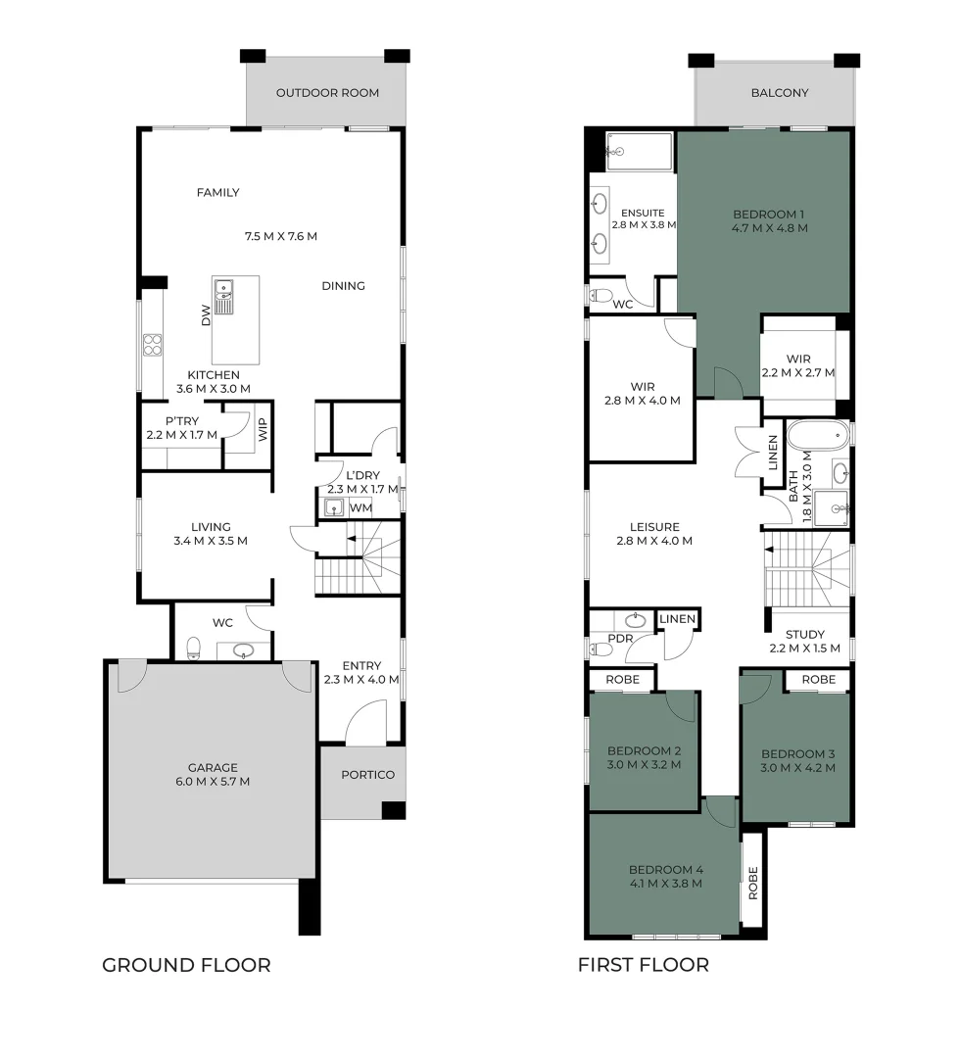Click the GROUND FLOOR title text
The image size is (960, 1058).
click(x=186, y=965)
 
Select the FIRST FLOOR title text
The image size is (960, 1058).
click(x=643, y=965)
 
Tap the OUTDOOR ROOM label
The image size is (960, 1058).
click(x=327, y=93)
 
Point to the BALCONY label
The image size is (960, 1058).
click(x=780, y=93)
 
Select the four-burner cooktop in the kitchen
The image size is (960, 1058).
click(x=154, y=345)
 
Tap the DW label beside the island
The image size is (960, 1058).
click(x=206, y=315)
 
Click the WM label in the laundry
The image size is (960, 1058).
click(x=360, y=507)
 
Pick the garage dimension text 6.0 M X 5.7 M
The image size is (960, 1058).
click(x=214, y=782)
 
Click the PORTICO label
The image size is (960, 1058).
click(x=367, y=775)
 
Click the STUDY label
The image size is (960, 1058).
click(x=805, y=634)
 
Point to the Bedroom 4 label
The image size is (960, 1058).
click(x=666, y=869)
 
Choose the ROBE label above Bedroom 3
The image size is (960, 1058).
click(x=818, y=679)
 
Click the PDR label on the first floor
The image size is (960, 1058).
click(x=619, y=638)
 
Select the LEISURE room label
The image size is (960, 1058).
click(x=654, y=526)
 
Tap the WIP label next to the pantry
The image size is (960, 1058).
click(x=262, y=430)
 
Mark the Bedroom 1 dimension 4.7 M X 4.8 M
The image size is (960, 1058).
click(x=769, y=228)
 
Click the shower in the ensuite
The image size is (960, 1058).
click(x=640, y=152)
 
